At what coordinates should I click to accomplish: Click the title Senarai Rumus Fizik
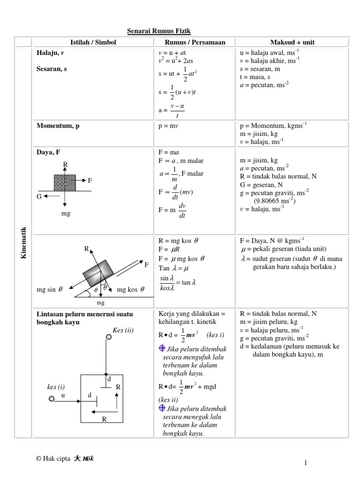point(159,31)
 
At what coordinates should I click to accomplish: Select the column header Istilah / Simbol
point(93,42)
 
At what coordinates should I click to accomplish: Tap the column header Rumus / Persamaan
point(195,42)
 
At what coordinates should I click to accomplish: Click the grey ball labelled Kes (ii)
point(108,337)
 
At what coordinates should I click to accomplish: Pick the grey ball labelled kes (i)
point(51,398)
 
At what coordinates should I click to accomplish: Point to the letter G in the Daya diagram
point(40,196)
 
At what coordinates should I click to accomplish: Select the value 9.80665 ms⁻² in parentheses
point(275,201)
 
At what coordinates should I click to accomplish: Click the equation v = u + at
point(172,53)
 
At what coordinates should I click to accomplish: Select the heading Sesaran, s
point(52,68)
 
